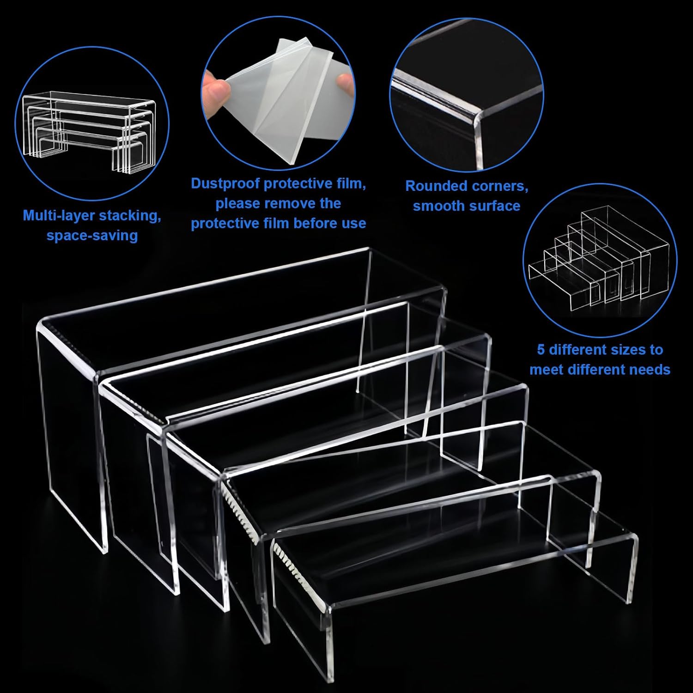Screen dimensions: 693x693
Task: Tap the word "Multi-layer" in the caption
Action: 58,216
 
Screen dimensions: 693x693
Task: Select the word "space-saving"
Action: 92,236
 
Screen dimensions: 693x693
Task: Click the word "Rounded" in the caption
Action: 436,186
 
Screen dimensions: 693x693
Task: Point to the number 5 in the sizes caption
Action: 541,350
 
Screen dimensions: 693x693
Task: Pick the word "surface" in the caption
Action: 499,206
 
